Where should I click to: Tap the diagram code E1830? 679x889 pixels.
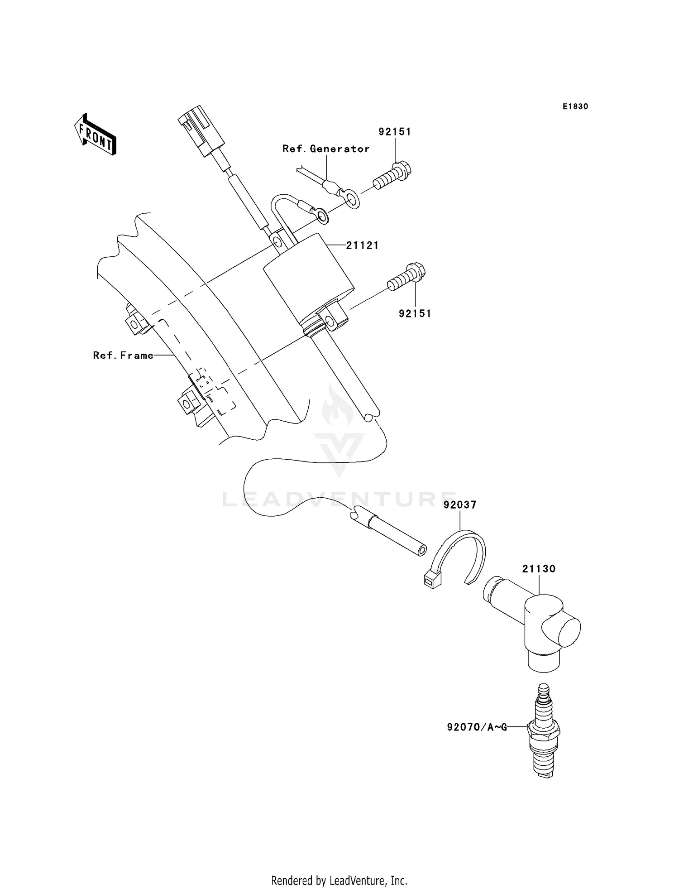point(575,106)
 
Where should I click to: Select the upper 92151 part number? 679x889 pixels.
point(395,132)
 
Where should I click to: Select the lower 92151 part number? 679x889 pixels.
point(415,313)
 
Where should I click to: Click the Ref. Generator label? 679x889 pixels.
point(326,149)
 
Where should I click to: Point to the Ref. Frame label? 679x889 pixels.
point(123,356)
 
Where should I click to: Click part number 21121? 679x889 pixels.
point(362,245)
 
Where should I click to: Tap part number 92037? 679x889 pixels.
point(460,505)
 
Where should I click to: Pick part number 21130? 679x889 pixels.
point(539,569)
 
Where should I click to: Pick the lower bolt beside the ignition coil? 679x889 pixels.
point(406,278)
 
